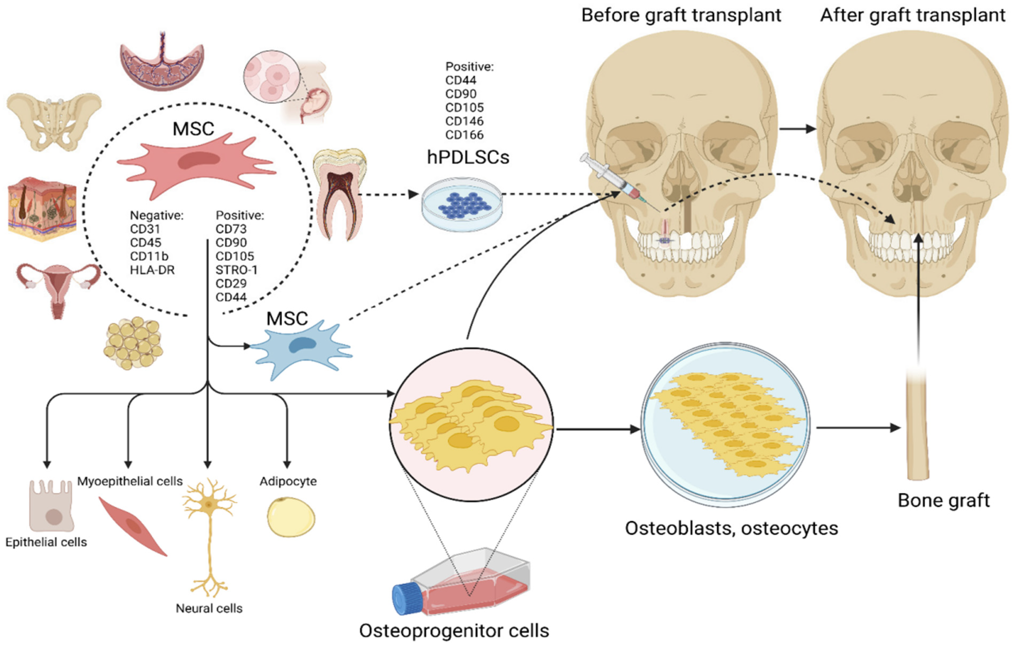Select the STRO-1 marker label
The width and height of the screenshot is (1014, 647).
point(236,270)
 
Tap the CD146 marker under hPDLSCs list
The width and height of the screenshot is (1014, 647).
point(464,121)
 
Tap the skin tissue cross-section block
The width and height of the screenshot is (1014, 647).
point(42,208)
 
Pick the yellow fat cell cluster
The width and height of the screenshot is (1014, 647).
point(133,343)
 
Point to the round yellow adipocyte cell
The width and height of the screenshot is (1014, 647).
point(291,517)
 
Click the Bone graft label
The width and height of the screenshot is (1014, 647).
point(943,500)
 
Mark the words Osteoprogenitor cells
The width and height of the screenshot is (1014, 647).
point(454,630)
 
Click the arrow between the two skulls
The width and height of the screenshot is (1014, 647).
point(797,129)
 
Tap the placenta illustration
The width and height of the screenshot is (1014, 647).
point(162,63)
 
